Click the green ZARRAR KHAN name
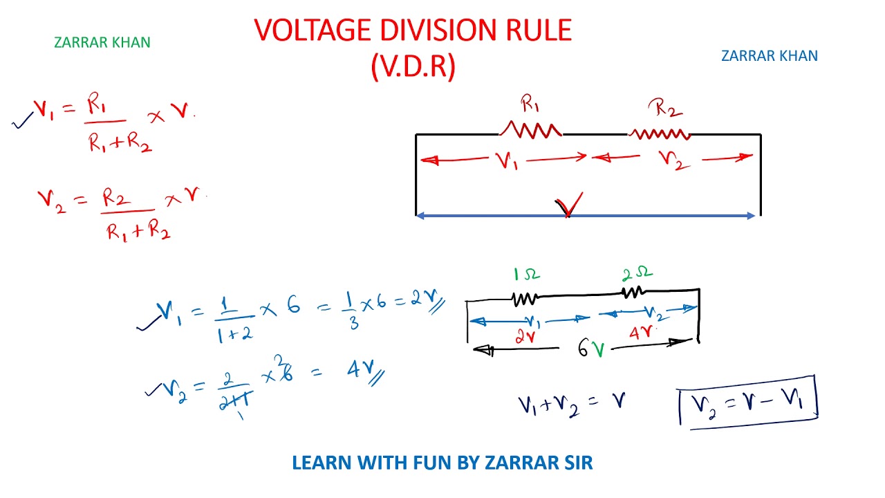coord(102,42)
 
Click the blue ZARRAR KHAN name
coord(770,56)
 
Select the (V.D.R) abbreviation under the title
coord(413,66)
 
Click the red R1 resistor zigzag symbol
coord(530,129)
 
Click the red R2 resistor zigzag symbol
coord(659,134)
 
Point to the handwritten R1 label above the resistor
coord(530,103)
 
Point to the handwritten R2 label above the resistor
coord(665,107)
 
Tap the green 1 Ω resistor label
coord(526,274)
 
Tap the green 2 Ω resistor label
coord(637,273)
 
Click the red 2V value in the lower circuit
coord(525,337)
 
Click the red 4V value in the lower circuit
coord(641,333)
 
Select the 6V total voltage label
coord(591,348)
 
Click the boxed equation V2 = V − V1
coord(747,403)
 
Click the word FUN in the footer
coord(432,463)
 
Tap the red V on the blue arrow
coord(569,204)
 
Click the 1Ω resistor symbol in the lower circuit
coord(524,299)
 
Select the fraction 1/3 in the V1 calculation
coord(351,311)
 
